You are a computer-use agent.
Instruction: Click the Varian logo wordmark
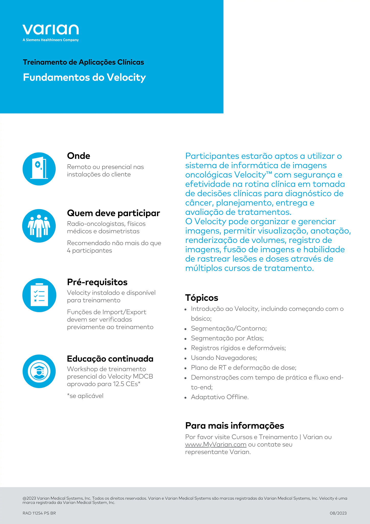point(51,30)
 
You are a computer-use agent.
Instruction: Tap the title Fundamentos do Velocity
point(84,77)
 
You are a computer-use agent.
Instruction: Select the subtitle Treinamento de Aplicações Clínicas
point(83,62)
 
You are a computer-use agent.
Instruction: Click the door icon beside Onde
point(39,169)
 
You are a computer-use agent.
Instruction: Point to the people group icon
point(39,226)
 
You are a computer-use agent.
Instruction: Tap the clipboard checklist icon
point(39,295)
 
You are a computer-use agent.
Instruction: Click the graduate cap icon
point(39,371)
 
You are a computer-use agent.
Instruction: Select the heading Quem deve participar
point(113,213)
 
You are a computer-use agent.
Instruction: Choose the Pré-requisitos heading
point(97,282)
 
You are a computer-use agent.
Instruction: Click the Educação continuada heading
point(110,359)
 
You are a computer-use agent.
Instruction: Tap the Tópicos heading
point(202,298)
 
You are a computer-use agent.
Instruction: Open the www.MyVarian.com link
point(216,444)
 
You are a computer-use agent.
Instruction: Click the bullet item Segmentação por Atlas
point(227,338)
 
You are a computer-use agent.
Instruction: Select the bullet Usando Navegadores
point(224,358)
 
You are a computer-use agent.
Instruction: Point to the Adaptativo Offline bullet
point(220,397)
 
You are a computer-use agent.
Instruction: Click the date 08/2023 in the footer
point(338,513)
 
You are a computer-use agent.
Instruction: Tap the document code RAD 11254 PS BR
point(39,513)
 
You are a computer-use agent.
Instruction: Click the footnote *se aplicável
point(85,396)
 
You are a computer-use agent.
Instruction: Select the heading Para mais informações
point(235,425)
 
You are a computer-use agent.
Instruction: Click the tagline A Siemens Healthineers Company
point(51,40)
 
